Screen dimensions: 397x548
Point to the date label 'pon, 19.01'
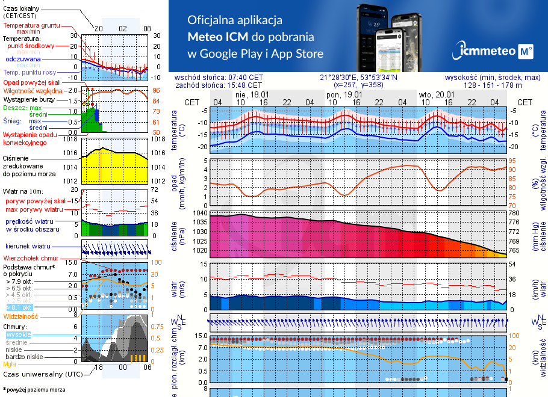pyautogui.click(x=344, y=94)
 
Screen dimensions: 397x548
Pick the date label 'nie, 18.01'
pyautogui.click(x=252, y=94)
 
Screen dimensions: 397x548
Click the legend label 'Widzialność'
pyautogui.click(x=21, y=316)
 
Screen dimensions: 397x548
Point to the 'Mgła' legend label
pyautogui.click(x=10, y=364)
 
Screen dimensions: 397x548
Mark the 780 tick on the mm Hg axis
pyautogui.click(x=514, y=213)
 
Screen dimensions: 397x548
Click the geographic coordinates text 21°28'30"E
pyautogui.click(x=358, y=78)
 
